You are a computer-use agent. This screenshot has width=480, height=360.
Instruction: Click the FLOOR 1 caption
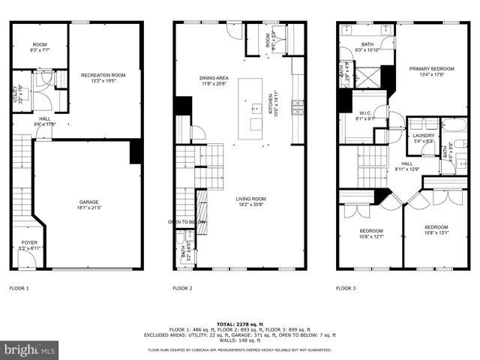pos(19,288)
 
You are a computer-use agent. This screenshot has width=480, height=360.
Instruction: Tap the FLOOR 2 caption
pos(182,288)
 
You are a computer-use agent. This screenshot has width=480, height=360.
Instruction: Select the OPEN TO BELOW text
pos(185,222)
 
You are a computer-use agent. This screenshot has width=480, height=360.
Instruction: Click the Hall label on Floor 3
pos(406,165)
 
